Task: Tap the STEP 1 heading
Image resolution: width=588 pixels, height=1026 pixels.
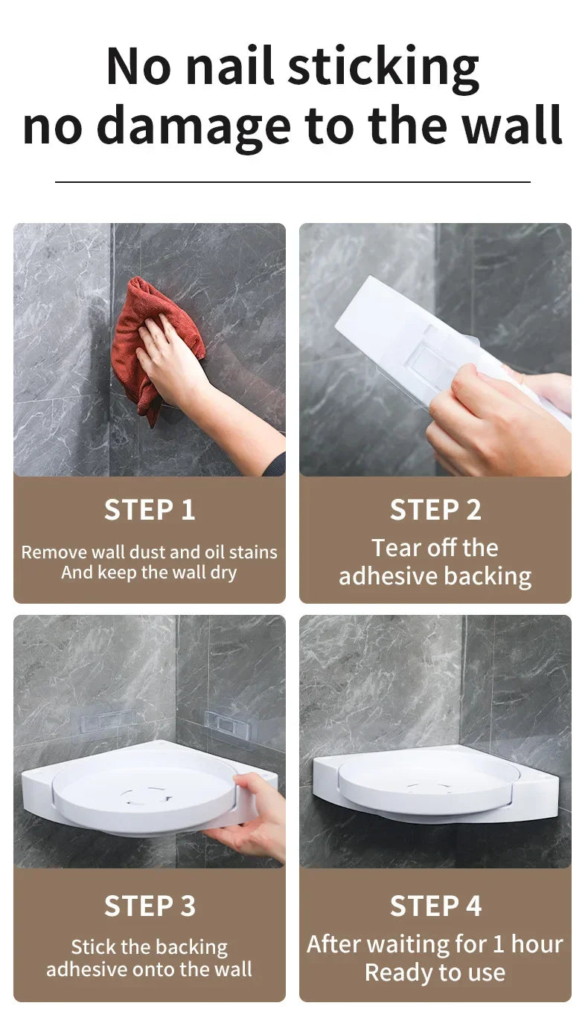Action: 150,510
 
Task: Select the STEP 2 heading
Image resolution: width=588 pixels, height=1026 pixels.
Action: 435,510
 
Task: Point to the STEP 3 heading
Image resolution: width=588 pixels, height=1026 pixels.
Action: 150,906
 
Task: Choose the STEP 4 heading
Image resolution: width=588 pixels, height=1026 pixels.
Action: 435,906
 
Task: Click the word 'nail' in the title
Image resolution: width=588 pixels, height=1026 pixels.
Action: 230,66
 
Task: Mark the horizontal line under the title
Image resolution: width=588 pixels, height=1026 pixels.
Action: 293,181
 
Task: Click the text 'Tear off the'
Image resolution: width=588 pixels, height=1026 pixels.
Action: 435,548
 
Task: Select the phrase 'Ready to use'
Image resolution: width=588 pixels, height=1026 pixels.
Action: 435,972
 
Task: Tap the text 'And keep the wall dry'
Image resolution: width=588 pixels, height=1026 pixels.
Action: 149,572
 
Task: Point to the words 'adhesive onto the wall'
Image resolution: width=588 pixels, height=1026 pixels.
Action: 149,969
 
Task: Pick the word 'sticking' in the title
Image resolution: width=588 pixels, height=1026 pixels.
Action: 383,66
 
